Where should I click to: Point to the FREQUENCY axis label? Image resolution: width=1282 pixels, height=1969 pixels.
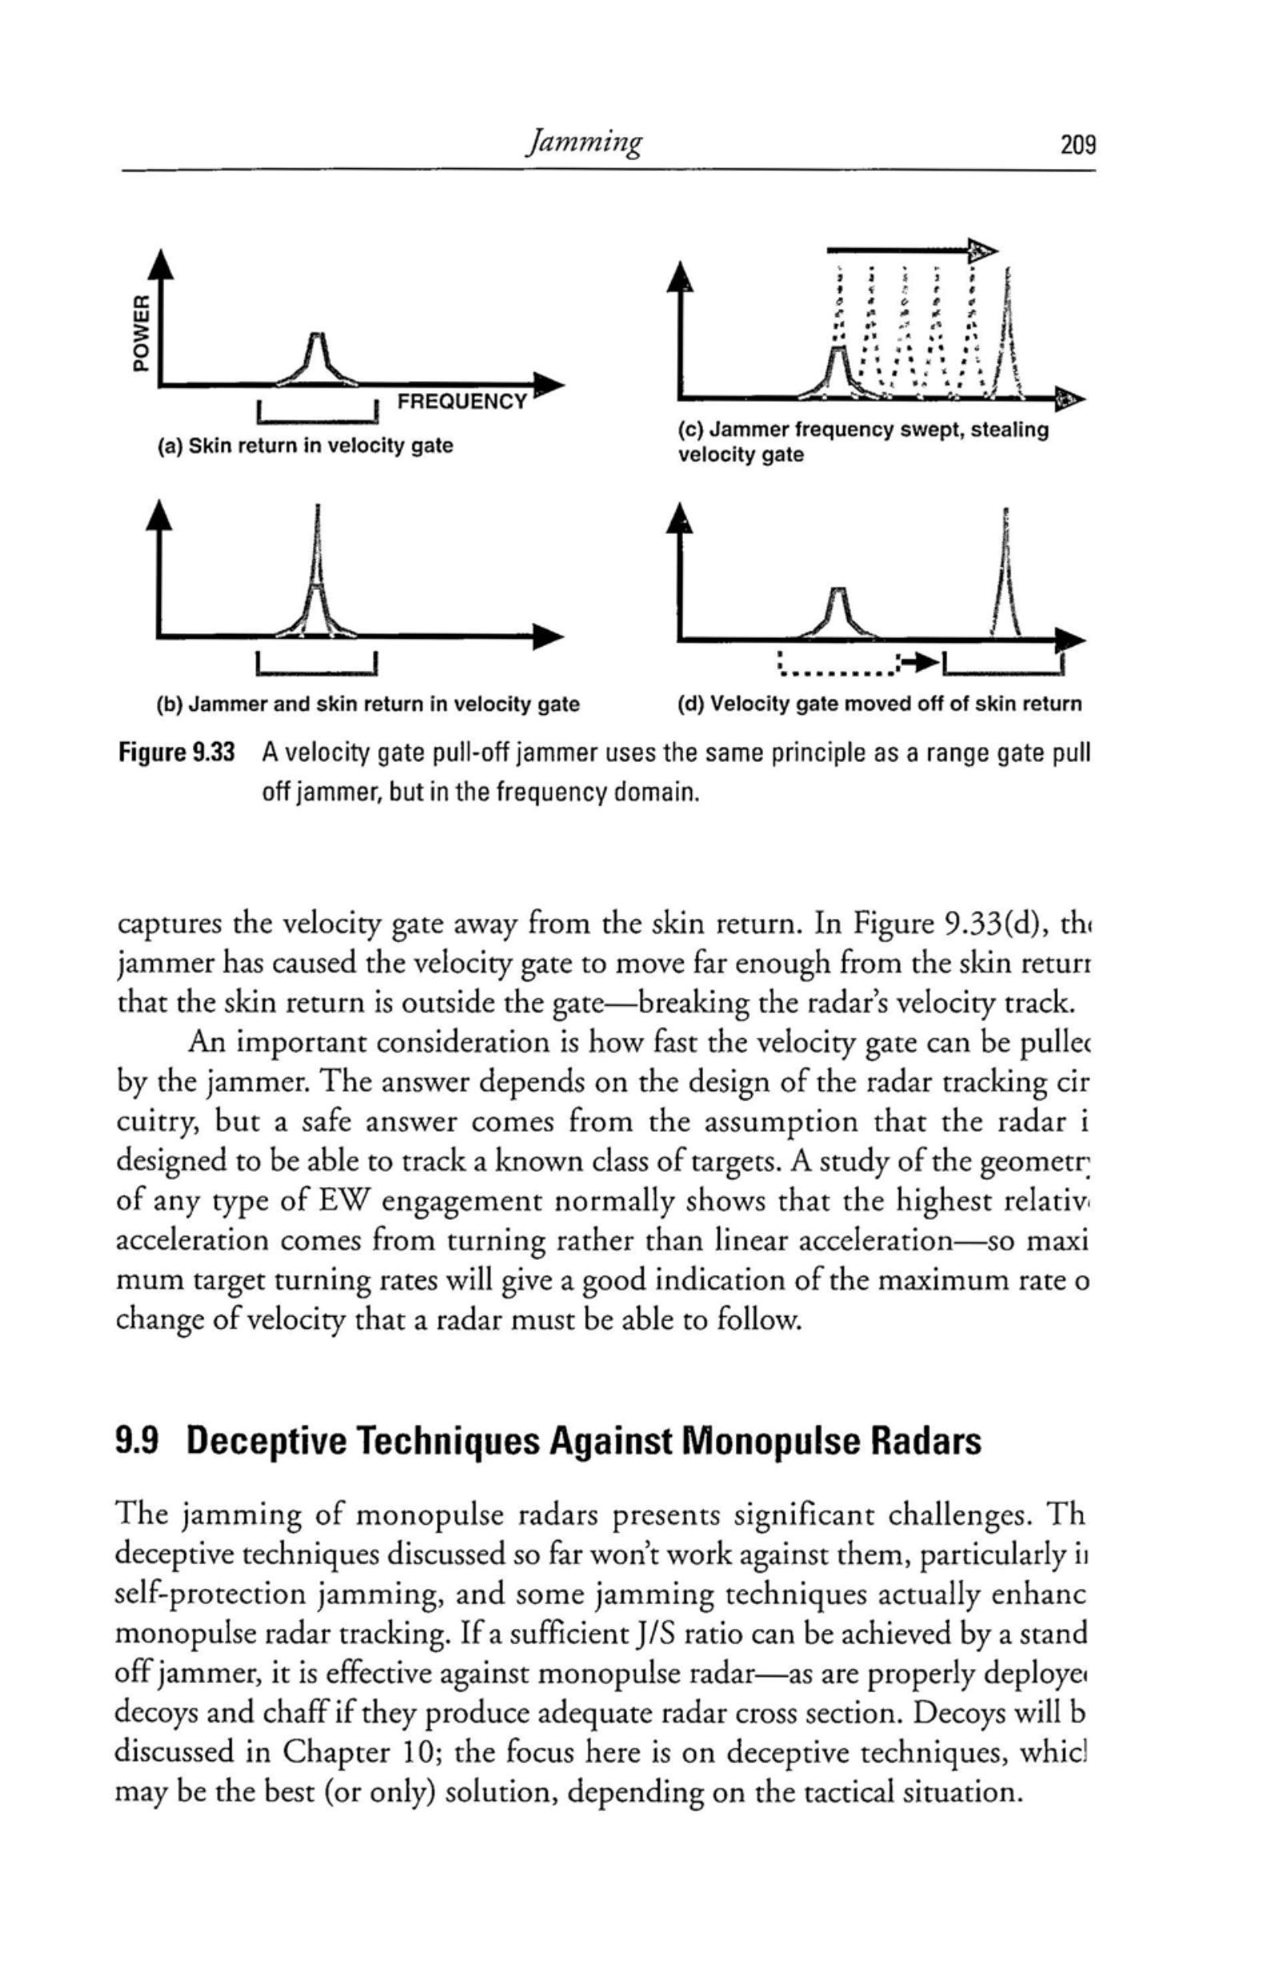(461, 403)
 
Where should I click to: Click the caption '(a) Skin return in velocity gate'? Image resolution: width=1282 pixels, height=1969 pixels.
(305, 446)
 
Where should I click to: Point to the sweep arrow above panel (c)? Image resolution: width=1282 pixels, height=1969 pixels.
(910, 247)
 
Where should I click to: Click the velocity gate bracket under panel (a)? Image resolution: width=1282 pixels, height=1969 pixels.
(319, 414)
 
